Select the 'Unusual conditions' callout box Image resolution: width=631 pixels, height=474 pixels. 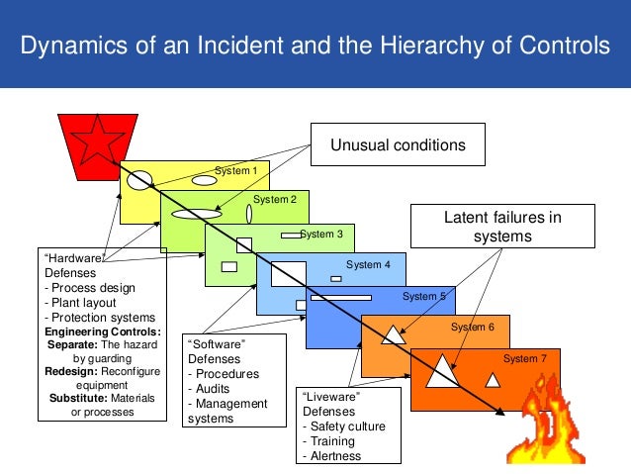[x=398, y=145]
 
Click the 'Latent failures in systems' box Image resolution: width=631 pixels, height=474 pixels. [x=503, y=228]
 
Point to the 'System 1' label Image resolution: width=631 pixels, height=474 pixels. [x=236, y=170]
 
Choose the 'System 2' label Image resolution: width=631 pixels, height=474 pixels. [x=275, y=200]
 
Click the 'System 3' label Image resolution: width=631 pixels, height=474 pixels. [x=321, y=235]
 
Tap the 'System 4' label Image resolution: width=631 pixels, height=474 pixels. [x=368, y=264]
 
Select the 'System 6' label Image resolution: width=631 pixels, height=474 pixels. [x=472, y=327]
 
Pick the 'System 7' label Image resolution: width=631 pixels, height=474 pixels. [x=524, y=358]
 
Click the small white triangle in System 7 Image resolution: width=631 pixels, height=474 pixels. [x=493, y=379]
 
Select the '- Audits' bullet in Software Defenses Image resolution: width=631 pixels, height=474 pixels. [x=211, y=389]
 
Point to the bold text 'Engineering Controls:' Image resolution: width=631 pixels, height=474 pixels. [x=104, y=331]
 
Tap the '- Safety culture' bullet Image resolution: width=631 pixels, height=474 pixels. [x=345, y=427]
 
